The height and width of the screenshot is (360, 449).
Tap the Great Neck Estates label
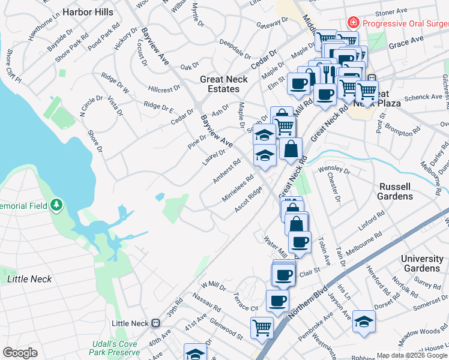(220, 84)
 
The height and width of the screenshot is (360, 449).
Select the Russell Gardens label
(395, 191)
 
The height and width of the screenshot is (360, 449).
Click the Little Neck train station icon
(155, 323)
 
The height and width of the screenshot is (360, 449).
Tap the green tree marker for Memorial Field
(56, 205)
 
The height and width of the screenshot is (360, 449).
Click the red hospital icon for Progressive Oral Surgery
(354, 23)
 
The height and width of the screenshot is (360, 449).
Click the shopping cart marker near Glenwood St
(262, 328)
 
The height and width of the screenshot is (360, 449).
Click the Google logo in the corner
(20, 353)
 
